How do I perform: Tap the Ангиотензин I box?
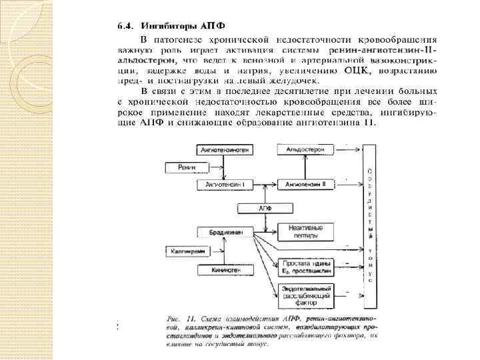(226, 184)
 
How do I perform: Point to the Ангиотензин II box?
(305, 184)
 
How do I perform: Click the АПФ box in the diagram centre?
(265, 208)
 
